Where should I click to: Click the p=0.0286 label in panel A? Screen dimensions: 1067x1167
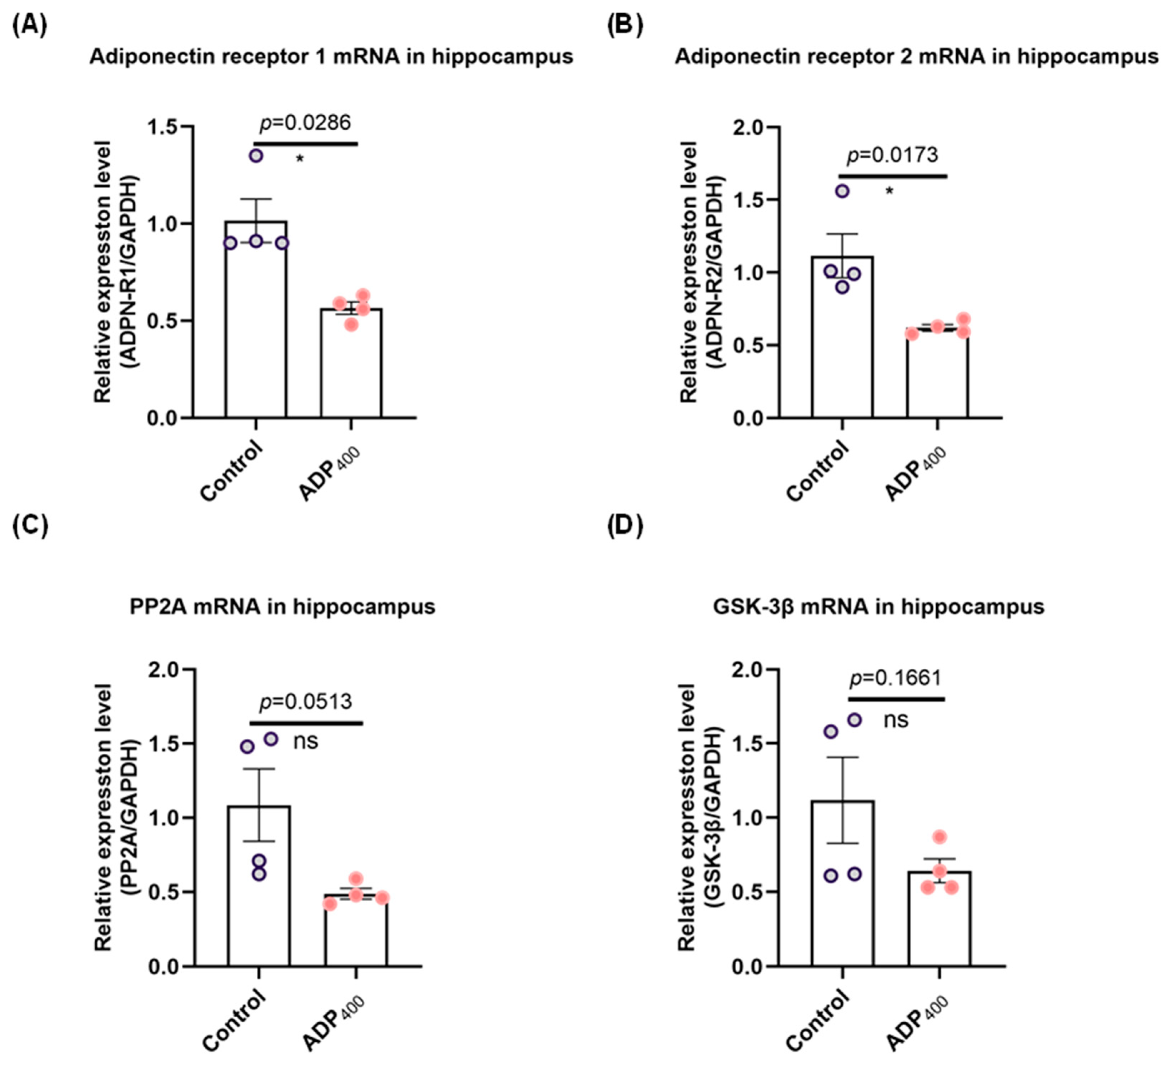pos(305,123)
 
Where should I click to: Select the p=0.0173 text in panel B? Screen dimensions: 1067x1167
pos(892,155)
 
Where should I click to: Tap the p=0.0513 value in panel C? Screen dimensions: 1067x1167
pos(306,702)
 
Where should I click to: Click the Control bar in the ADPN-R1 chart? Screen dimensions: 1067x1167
pos(256,324)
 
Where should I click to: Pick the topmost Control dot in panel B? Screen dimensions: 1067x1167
pos(842,191)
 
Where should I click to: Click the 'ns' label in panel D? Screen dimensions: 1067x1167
pos(896,720)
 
